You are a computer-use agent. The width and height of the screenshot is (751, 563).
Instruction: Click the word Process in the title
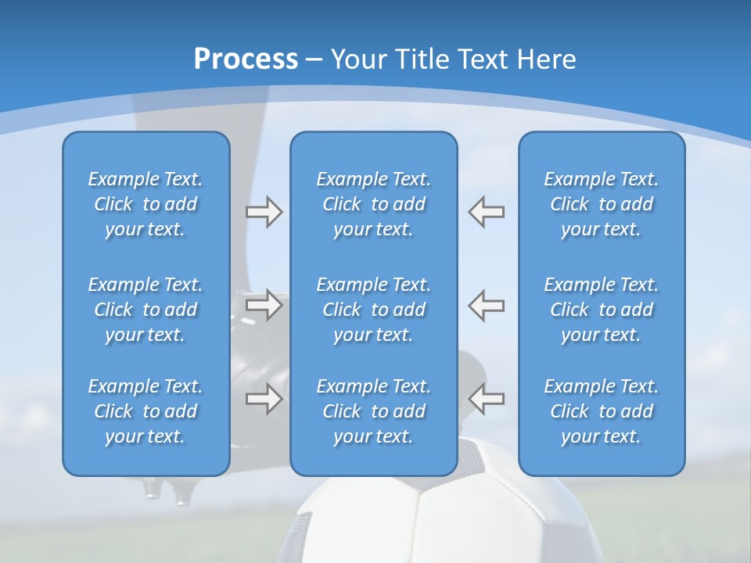(x=246, y=59)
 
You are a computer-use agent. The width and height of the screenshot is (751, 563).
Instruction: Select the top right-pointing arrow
(x=264, y=212)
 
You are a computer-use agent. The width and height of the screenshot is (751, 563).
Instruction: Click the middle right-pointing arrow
(x=264, y=305)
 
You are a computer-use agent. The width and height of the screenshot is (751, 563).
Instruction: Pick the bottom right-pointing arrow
(x=264, y=399)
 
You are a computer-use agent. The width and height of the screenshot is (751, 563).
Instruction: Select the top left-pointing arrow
(x=487, y=212)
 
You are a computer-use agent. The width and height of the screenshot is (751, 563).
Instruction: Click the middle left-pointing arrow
(x=487, y=305)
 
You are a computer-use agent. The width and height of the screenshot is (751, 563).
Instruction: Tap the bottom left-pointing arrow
(x=487, y=399)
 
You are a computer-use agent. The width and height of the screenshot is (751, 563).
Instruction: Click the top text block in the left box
(x=146, y=204)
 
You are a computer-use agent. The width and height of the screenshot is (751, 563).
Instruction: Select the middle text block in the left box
(x=146, y=310)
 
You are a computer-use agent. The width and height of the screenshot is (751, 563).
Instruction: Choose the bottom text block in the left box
(x=146, y=411)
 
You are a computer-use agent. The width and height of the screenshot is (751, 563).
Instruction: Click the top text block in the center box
(x=373, y=204)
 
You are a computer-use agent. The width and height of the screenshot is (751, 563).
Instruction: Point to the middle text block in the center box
(x=373, y=310)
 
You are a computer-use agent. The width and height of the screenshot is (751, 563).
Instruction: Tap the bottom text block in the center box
(x=373, y=411)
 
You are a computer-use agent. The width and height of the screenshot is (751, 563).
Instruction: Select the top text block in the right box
(x=601, y=204)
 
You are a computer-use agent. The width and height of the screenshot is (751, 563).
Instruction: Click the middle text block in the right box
(x=601, y=310)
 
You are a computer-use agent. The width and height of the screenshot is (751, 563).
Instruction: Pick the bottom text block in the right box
(x=601, y=411)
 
